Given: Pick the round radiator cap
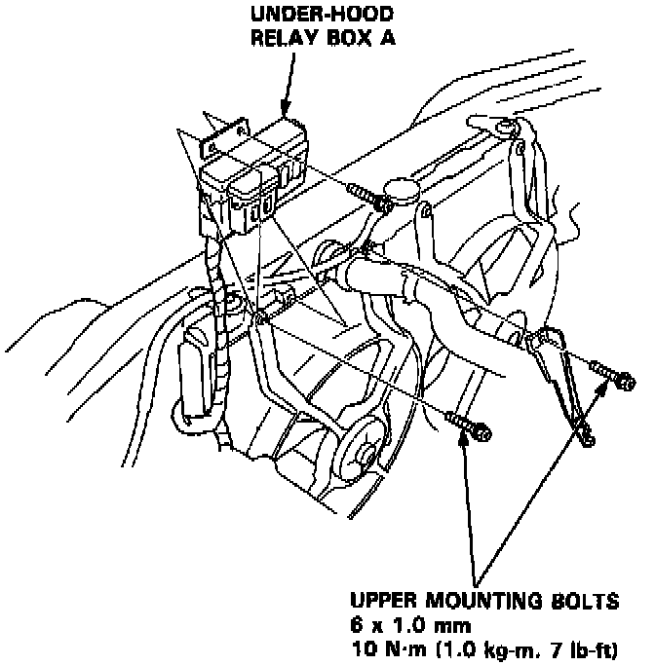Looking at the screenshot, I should [402, 189].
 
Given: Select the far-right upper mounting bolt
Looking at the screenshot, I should [609, 374].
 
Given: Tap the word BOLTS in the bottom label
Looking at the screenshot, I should [595, 601].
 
